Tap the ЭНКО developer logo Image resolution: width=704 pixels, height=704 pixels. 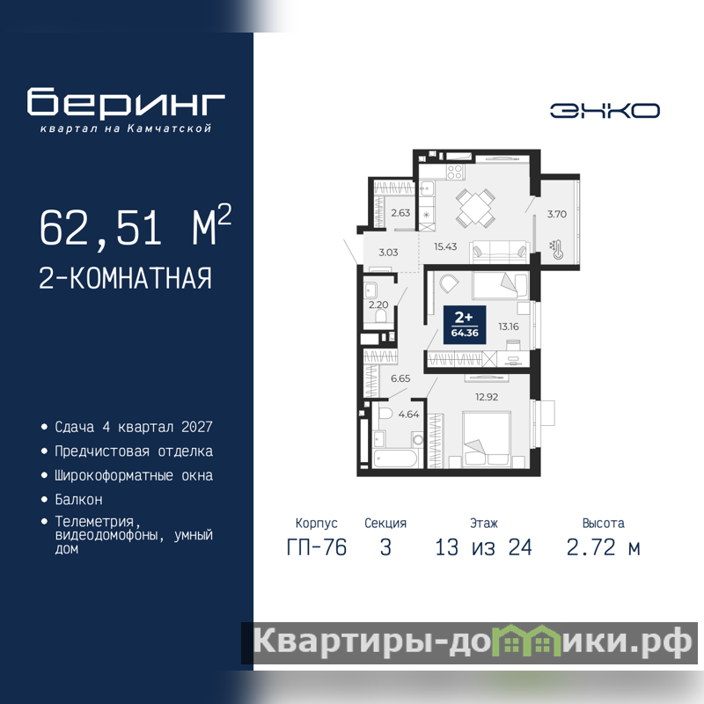click(605, 111)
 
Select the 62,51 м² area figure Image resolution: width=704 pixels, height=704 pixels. click(136, 226)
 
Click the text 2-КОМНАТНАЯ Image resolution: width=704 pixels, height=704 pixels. click(125, 278)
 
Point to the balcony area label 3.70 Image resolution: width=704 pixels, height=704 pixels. click(557, 214)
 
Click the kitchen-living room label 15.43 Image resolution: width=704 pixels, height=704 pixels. click(445, 246)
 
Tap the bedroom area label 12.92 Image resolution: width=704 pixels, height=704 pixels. click(487, 397)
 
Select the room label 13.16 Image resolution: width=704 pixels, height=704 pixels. click(509, 326)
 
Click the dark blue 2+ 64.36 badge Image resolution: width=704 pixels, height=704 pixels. click(465, 325)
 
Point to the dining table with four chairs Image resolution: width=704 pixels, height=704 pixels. click(475, 208)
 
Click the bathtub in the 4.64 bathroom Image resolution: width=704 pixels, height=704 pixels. click(395, 458)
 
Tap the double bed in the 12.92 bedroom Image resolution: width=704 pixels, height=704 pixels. click(487, 438)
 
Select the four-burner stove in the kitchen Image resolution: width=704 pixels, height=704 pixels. click(455, 172)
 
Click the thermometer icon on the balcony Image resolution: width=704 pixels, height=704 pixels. click(557, 250)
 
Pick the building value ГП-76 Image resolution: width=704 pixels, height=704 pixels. click(317, 547)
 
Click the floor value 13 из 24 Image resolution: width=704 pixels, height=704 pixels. click(483, 547)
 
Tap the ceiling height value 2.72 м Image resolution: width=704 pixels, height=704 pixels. click(604, 547)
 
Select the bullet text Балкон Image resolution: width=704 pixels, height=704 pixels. click(78, 499)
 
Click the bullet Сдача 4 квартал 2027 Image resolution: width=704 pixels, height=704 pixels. click(134, 427)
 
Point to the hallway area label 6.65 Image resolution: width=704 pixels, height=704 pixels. click(400, 378)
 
